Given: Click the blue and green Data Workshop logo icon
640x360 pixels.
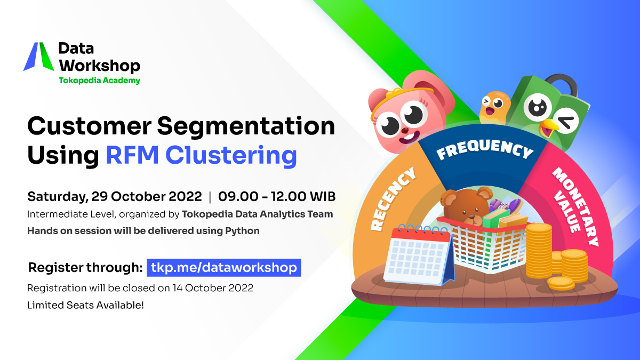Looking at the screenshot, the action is pyautogui.click(x=38, y=57).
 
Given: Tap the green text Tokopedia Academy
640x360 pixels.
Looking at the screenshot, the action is pyautogui.click(x=99, y=81).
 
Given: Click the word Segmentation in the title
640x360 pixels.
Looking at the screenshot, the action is pyautogui.click(x=246, y=126).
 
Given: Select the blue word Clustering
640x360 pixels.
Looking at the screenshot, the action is pyautogui.click(x=231, y=156).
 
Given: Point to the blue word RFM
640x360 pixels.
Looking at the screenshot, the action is pyautogui.click(x=132, y=155).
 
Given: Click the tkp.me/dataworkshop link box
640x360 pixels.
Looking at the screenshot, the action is pyautogui.click(x=223, y=268).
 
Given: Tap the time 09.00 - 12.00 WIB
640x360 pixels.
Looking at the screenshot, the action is pyautogui.click(x=277, y=197).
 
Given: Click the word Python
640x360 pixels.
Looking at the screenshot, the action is pyautogui.click(x=242, y=231).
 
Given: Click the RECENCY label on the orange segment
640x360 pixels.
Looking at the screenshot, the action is pyautogui.click(x=393, y=199).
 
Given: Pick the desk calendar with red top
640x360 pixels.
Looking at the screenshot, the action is pyautogui.click(x=419, y=254).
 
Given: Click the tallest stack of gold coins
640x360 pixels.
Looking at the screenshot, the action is pyautogui.click(x=539, y=250).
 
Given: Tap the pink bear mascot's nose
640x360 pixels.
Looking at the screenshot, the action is pyautogui.click(x=405, y=131).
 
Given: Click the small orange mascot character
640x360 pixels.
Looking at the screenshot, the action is pyautogui.click(x=494, y=107).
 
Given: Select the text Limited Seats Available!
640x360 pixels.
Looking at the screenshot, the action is pyautogui.click(x=85, y=305).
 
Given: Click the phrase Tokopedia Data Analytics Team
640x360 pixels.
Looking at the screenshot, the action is pyautogui.click(x=258, y=214).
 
